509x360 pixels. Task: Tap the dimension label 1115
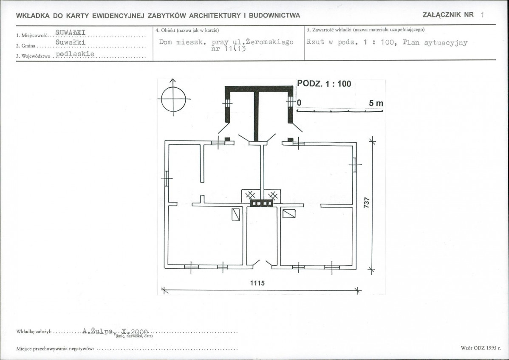tap(257, 283)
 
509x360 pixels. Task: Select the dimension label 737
tap(367, 203)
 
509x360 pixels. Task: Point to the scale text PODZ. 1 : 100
tap(324, 84)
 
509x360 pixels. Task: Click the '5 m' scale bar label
tap(376, 104)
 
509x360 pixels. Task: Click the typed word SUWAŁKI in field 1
tap(71, 32)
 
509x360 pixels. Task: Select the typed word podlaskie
tap(75, 54)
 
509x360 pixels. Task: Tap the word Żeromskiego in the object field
tap(270, 42)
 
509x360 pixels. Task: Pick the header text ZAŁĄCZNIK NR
tap(448, 14)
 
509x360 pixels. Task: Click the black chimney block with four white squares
tap(261, 203)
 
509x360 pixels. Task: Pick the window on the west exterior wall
tap(167, 178)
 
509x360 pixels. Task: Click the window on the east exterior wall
tap(355, 165)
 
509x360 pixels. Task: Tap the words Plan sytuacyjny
tap(435, 42)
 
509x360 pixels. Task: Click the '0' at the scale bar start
tap(299, 103)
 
